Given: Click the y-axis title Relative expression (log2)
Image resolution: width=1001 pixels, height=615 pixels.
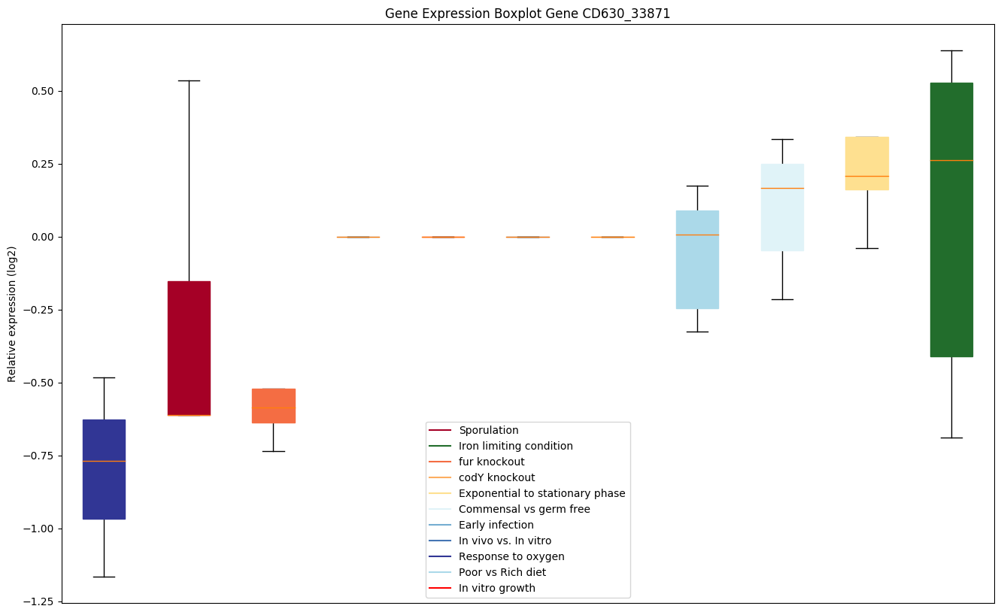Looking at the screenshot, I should coord(12,314).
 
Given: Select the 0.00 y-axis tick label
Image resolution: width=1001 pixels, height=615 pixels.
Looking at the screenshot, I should coord(41,237).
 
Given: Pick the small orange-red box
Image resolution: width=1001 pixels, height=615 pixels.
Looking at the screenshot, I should coord(273,406).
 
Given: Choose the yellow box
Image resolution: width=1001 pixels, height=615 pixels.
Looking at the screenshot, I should coord(866,162).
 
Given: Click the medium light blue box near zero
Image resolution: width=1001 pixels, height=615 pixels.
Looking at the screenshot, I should coord(697,259).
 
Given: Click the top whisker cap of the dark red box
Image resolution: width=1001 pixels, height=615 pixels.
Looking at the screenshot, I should coord(189,80).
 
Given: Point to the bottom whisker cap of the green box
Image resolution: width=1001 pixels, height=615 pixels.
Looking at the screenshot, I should coord(951,438).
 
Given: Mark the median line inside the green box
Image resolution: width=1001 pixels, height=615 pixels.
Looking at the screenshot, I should coord(951,160).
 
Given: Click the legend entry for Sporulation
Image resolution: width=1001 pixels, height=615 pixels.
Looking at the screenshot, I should coord(488,430).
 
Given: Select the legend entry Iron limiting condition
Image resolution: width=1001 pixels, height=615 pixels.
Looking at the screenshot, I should coord(515,446).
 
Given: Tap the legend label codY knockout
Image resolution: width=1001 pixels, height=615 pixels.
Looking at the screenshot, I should coord(496,477).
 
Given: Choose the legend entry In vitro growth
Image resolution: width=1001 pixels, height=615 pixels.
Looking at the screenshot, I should coord(496,588).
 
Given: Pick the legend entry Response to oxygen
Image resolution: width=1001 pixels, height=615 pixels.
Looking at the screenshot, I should coord(511,556).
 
